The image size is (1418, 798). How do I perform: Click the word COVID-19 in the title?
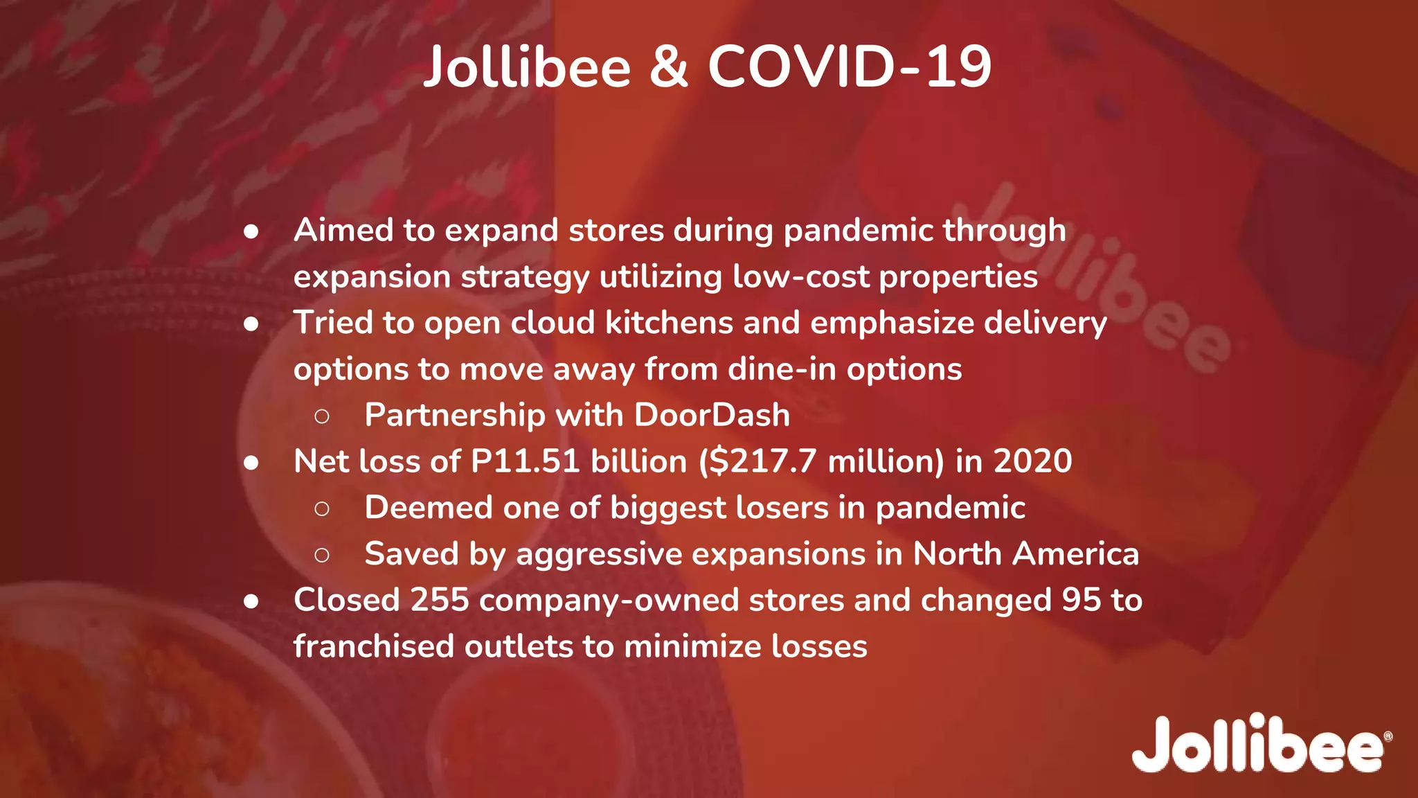(x=850, y=67)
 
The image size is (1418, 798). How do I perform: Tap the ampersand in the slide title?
(x=669, y=67)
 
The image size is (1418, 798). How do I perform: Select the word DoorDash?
(x=712, y=415)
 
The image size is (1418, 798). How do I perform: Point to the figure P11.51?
(x=525, y=461)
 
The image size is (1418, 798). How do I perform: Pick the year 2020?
(x=1032, y=461)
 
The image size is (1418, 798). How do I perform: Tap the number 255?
(x=440, y=600)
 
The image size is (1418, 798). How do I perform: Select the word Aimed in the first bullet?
(x=343, y=230)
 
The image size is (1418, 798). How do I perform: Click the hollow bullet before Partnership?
(x=321, y=416)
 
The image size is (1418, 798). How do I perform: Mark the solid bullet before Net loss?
(x=251, y=463)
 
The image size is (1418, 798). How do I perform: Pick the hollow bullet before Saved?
(x=321, y=555)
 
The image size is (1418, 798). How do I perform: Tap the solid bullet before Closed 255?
(x=251, y=601)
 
